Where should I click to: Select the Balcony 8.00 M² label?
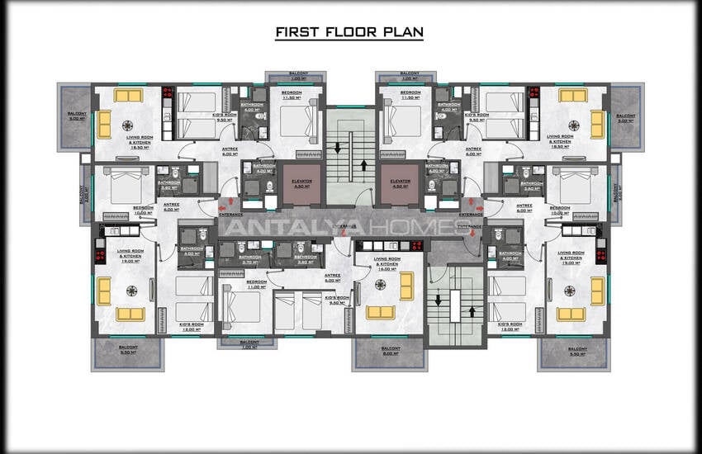click(x=390, y=351)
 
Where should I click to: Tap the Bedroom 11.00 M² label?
click(x=255, y=283)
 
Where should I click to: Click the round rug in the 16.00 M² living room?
click(x=380, y=284)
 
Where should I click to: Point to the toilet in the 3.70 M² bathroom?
click(x=240, y=247)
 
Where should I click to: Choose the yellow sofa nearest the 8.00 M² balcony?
click(x=380, y=312)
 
